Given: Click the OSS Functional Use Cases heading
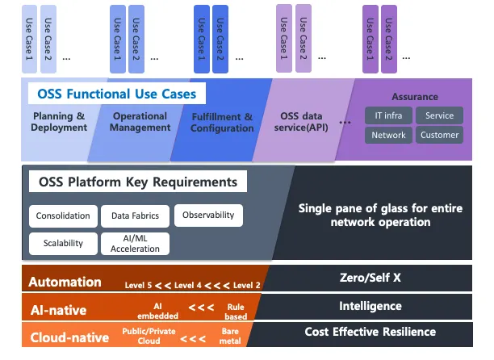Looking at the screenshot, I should tap(117, 94).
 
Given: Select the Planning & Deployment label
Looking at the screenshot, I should tap(59, 122).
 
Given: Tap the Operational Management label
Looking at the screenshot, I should tap(140, 122).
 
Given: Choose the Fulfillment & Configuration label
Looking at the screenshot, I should tap(222, 123).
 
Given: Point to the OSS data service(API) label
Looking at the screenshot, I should tap(300, 122).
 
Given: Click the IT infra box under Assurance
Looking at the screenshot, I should tap(388, 115).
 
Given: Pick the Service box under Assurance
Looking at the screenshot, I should tap(440, 115).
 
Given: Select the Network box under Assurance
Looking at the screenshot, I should tap(388, 135).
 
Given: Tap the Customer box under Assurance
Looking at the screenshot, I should tap(440, 135).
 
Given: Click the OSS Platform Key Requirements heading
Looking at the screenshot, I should tap(138, 182).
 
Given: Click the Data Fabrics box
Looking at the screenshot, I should tap(136, 216).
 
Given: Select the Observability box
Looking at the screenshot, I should tap(208, 216).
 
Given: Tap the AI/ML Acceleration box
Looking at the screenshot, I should tap(136, 244).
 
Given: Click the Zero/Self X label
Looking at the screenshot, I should tap(370, 278).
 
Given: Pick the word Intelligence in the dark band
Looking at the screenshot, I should tap(370, 306).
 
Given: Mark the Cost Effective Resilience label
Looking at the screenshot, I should tap(370, 332).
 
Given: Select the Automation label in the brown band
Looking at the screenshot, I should tap(65, 283).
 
